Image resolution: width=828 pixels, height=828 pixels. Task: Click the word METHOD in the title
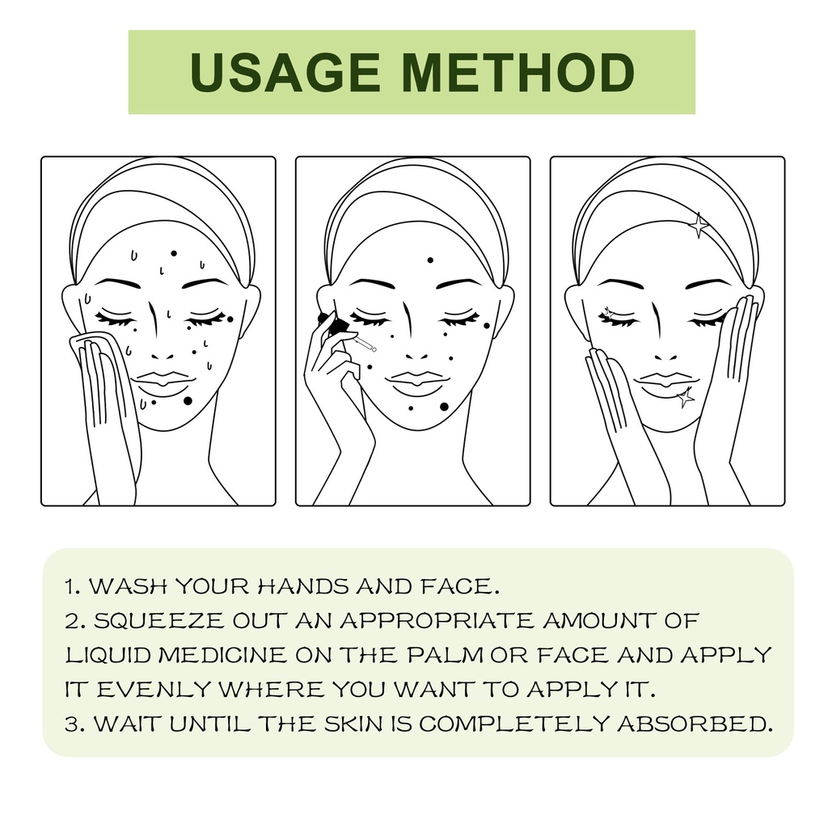point(518,72)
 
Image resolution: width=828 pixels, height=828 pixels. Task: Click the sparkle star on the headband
point(698,226)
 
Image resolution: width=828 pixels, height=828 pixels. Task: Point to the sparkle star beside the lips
point(686,397)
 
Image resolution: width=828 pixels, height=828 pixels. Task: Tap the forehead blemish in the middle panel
point(430,260)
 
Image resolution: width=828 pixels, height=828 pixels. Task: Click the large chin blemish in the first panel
point(188,401)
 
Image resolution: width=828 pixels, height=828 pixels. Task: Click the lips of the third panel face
point(665,385)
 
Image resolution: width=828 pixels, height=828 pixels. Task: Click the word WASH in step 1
point(128,586)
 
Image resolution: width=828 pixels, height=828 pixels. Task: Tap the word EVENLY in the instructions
point(154,690)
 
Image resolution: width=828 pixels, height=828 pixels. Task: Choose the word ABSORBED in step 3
point(695,724)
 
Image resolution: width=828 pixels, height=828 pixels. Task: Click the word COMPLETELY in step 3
point(514,724)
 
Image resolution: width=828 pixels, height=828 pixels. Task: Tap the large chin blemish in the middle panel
point(444,407)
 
